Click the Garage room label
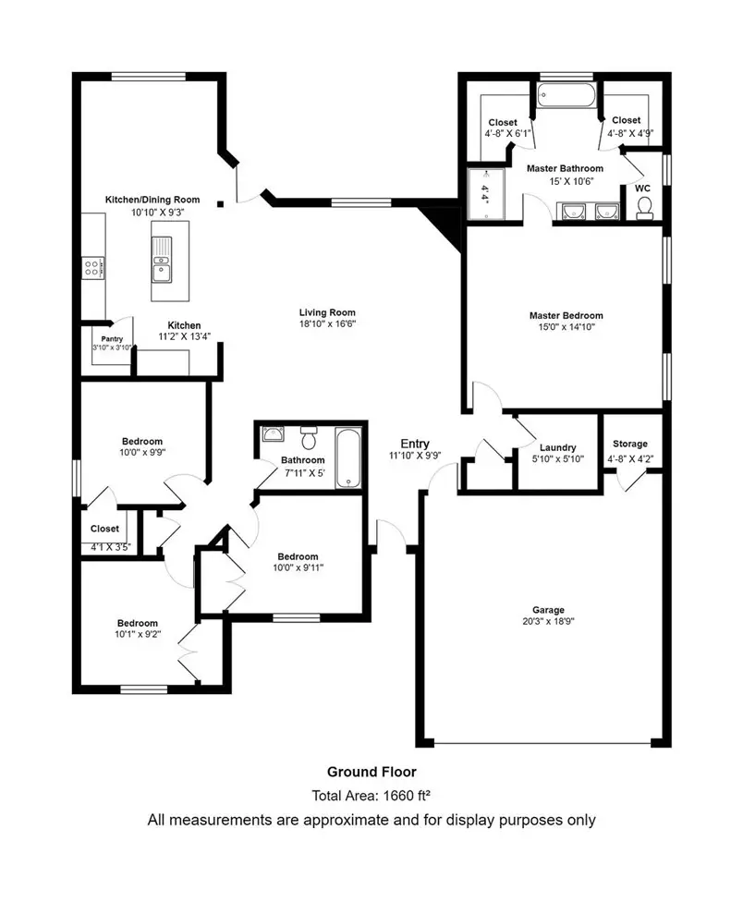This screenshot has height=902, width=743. click(x=547, y=610)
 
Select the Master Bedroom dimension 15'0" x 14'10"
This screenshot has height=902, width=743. click(x=566, y=327)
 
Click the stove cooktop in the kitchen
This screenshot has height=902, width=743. click(x=93, y=268)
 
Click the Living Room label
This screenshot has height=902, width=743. click(x=326, y=312)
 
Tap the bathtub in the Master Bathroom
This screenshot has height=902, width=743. click(x=565, y=95)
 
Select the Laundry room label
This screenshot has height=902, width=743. click(x=557, y=447)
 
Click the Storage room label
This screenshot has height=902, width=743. click(x=627, y=445)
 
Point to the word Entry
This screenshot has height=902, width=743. click(x=415, y=444)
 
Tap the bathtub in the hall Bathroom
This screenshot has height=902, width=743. click(x=348, y=457)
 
